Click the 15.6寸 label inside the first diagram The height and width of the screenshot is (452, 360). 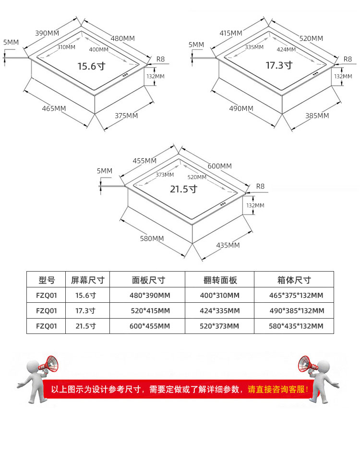tap(92, 66)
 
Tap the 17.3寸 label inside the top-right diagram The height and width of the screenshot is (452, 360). tap(279, 65)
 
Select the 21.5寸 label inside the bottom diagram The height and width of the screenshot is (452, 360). tap(184, 189)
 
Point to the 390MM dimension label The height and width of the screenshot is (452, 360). tap(47, 33)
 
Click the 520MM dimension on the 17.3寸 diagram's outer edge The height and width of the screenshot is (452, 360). tap(311, 38)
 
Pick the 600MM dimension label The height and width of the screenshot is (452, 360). tap(219, 166)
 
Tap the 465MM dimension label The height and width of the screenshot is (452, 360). tap(54, 108)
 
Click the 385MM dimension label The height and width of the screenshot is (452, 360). tap(317, 116)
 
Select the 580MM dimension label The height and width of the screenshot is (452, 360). tap(152, 238)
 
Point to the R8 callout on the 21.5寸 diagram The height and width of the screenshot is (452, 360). tap(260, 186)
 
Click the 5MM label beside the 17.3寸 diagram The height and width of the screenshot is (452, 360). tap(196, 45)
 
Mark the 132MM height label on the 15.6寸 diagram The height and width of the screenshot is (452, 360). tap(156, 76)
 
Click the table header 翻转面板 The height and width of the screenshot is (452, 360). tap(220, 280)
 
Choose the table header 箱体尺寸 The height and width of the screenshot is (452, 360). tap(294, 280)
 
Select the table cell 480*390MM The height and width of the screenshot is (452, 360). tap(150, 296)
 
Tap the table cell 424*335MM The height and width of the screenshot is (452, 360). tap(220, 311)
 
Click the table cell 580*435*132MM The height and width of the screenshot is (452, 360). tap(296, 326)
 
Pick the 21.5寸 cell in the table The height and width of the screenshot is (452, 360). tap(85, 326)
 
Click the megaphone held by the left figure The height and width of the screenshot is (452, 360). tap(49, 364)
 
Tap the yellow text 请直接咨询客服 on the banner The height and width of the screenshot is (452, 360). tap(278, 390)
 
